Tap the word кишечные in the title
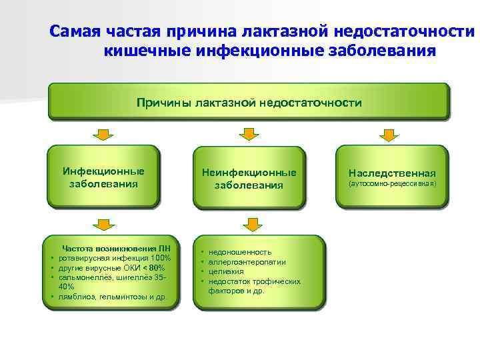tap(142, 51)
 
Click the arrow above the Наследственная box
tap(390, 135)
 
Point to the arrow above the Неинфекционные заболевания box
tap(248, 135)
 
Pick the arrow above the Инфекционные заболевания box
tap(102, 135)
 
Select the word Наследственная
tap(391, 172)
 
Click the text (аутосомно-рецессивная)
tap(391, 182)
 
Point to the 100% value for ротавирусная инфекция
tap(161, 257)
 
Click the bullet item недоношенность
tap(239, 253)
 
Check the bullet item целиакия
tap(225, 271)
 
